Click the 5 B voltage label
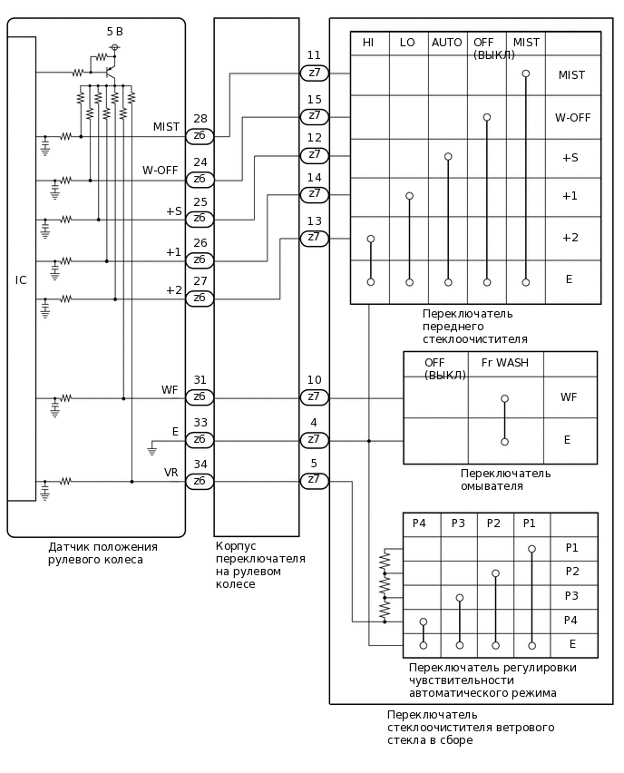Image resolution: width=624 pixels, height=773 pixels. click(x=114, y=32)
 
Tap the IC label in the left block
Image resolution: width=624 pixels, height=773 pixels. click(x=21, y=280)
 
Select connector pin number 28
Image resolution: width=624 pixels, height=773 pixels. click(x=200, y=119)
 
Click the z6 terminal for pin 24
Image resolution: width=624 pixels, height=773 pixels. click(x=200, y=179)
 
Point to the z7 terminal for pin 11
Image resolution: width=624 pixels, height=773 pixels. click(x=314, y=73)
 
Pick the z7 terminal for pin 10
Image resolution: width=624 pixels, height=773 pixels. click(x=314, y=396)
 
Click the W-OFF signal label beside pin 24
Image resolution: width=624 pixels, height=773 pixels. click(x=160, y=171)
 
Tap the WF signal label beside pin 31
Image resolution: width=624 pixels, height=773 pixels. click(x=170, y=390)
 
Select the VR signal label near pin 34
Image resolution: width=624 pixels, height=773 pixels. click(x=171, y=473)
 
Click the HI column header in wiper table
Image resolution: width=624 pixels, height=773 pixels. click(x=368, y=43)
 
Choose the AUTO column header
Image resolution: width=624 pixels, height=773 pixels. click(x=447, y=43)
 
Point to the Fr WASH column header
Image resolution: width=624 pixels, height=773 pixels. click(x=504, y=363)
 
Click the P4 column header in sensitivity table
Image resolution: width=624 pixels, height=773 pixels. click(x=419, y=523)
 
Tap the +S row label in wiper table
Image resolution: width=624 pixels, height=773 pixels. click(x=570, y=158)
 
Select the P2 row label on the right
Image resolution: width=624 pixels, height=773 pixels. click(x=571, y=572)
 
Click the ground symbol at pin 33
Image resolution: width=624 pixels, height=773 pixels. click(x=152, y=449)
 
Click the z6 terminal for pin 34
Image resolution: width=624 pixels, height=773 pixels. click(x=200, y=481)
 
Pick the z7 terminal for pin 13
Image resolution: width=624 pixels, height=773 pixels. click(x=314, y=238)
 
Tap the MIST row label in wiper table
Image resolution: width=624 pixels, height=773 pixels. click(x=571, y=75)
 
